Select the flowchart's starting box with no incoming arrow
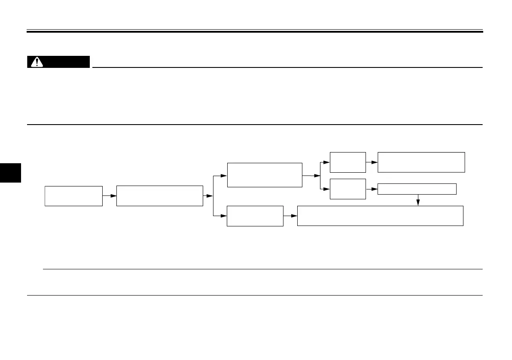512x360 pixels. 73,196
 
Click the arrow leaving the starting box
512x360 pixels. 110,196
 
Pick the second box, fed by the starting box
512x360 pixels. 159,196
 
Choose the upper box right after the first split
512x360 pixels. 265,175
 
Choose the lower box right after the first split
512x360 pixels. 255,216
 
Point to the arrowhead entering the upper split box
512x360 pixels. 224,176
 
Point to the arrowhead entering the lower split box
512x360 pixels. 224,216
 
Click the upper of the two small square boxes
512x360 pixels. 348,162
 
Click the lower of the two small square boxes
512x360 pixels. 348,189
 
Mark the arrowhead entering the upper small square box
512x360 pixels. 327,162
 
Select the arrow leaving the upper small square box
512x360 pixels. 372,162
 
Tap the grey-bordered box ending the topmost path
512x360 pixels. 421,162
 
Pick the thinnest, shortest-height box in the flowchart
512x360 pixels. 417,189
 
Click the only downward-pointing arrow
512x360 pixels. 418,200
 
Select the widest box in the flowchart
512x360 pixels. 380,216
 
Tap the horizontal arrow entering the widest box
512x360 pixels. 290,216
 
